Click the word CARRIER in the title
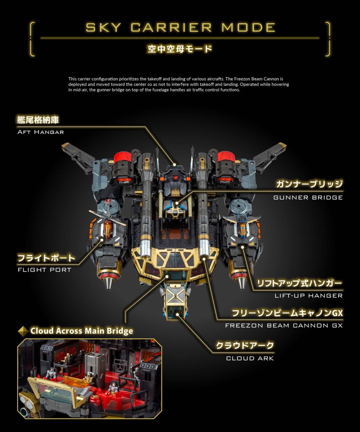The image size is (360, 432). [x=171, y=27]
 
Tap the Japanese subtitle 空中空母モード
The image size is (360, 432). [x=180, y=49]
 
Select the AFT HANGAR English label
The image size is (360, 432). [x=40, y=132]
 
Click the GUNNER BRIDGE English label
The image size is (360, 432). [x=308, y=197]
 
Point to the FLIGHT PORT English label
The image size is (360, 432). [x=44, y=270]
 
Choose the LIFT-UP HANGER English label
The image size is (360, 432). [x=309, y=296]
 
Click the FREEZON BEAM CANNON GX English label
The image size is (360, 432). [x=284, y=325]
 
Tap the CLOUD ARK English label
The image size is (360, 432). [x=250, y=359]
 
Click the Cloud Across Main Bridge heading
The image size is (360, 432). [x=82, y=331]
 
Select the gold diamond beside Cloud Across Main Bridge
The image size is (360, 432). [x=23, y=331]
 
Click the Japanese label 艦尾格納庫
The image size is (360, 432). [x=38, y=120]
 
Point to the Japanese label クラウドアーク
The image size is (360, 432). [x=245, y=346]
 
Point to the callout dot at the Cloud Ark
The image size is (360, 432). [x=177, y=314]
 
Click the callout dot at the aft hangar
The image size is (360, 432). [x=174, y=165]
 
